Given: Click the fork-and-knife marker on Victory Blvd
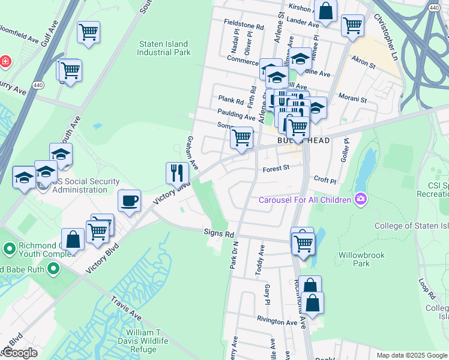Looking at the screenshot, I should point(177,173).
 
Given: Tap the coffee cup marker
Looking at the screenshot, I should point(129,200).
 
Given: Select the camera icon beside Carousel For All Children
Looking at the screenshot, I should point(360,199).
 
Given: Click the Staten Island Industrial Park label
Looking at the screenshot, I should point(163,48).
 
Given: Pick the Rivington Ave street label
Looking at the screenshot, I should point(277,322).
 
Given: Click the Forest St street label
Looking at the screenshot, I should point(276,169).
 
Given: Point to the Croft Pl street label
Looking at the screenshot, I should point(325,179).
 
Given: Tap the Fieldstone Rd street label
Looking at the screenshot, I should point(244,27).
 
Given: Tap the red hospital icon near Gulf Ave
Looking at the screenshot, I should point(5,61).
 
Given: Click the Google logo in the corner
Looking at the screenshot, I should point(20,353).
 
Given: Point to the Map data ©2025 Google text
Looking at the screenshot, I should point(412,355).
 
